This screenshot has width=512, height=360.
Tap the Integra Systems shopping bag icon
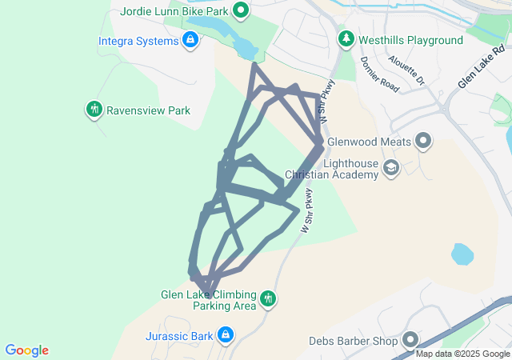(x=190, y=40)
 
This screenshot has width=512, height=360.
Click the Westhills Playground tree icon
(x=346, y=39)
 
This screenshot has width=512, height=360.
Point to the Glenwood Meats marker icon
(x=423, y=142)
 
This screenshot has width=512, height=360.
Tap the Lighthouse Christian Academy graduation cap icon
(x=390, y=167)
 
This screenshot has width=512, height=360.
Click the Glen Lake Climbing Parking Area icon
(x=269, y=299)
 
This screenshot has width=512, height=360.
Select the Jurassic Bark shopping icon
(x=226, y=334)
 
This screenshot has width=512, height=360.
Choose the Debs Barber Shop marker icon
(x=410, y=341)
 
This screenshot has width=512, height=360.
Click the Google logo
(x=26, y=350)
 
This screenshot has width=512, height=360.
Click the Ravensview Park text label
(x=148, y=110)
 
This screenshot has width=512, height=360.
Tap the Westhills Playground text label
(x=411, y=40)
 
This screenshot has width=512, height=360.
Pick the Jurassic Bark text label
(x=179, y=335)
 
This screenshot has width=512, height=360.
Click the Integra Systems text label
(x=138, y=40)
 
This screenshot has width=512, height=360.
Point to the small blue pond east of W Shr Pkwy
(x=462, y=255)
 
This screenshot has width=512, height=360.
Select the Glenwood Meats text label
(x=369, y=142)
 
